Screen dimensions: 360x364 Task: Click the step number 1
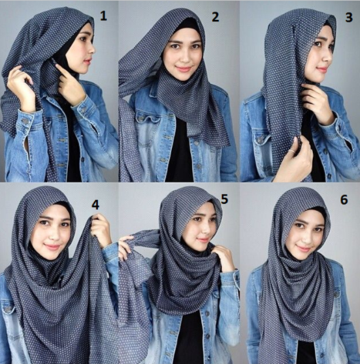(103, 16)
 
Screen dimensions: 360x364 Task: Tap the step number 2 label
(215, 17)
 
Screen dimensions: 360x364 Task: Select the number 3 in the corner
(348, 17)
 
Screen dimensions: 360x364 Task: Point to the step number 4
(95, 205)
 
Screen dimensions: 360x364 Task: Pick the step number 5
(224, 199)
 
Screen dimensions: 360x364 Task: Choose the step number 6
(344, 200)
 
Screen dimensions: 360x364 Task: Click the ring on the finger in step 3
(293, 152)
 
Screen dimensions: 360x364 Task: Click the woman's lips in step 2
(183, 69)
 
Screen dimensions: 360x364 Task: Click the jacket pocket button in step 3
(261, 140)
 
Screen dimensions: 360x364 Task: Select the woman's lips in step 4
(52, 247)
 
